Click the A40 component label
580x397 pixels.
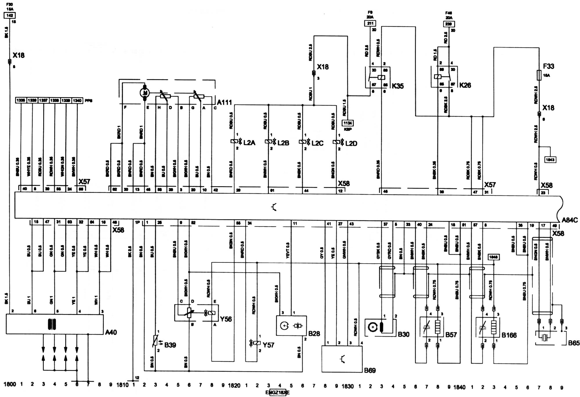tap(111, 332)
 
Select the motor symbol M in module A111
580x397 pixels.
tap(144, 93)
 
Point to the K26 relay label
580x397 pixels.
tap(465, 85)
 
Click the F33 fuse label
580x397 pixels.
tap(549, 66)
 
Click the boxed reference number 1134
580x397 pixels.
tap(348, 123)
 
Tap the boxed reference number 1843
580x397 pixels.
tap(550, 159)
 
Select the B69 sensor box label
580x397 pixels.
tap(370, 370)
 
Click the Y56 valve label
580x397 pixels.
tap(226, 319)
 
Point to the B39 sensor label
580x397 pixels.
tap(170, 345)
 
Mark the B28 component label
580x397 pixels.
tap(314, 333)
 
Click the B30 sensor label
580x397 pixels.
tap(403, 334)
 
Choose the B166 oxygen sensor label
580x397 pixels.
tap(509, 335)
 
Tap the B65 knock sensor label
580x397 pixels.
tap(574, 343)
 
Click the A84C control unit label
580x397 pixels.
tap(570, 220)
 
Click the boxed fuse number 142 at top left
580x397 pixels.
tap(9, 15)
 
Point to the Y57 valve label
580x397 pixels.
tap(268, 345)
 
